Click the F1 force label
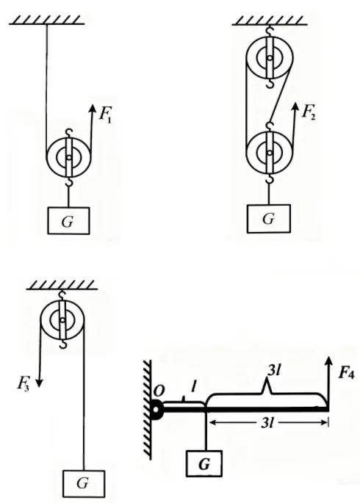pyautogui.click(x=105, y=114)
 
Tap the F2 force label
pyautogui.click(x=309, y=112)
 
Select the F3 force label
pyautogui.click(x=24, y=383)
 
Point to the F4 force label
pyautogui.click(x=347, y=373)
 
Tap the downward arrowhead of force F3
pyautogui.click(x=39, y=383)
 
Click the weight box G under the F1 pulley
pyautogui.click(x=68, y=221)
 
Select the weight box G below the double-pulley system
pyautogui.click(x=269, y=219)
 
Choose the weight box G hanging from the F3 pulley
pyautogui.click(x=84, y=483)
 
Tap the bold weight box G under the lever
pyautogui.click(x=204, y=463)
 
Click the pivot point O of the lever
pyautogui.click(x=156, y=410)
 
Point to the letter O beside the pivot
pyautogui.click(x=159, y=391)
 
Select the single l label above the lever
pyautogui.click(x=193, y=387)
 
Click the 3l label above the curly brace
pyautogui.click(x=275, y=371)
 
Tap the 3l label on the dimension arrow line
pyautogui.click(x=267, y=423)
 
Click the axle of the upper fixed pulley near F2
pyautogui.click(x=270, y=58)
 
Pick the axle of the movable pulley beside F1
pyautogui.click(x=68, y=157)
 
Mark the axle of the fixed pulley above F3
pyautogui.click(x=62, y=320)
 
